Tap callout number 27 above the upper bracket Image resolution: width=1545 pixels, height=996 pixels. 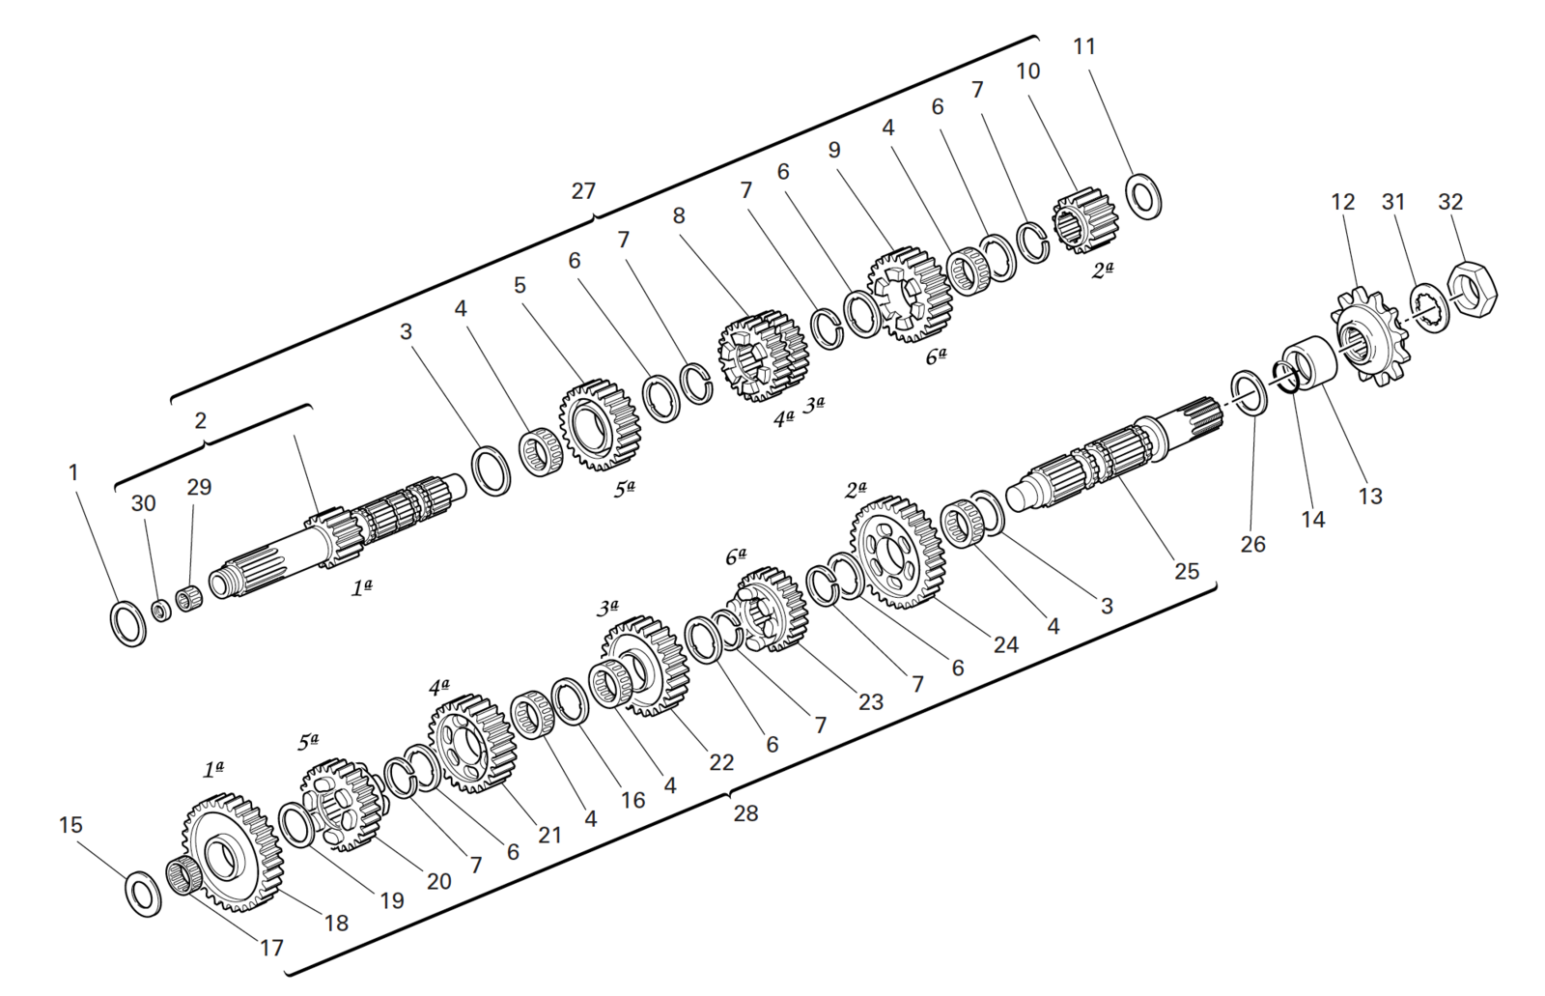coord(583,191)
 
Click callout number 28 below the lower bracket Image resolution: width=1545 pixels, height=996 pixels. coord(745,813)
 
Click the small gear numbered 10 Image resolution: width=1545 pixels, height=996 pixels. coord(1084,220)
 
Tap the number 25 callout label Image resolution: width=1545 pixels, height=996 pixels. coord(1187,571)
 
